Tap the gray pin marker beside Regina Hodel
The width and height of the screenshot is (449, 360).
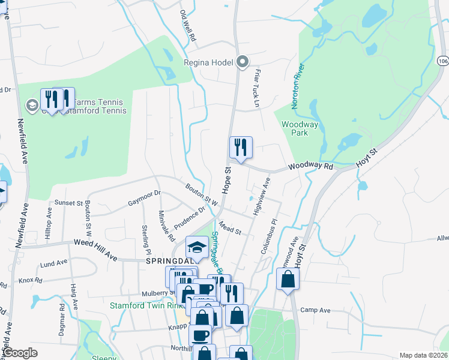pos(243,62)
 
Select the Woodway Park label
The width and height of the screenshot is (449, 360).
pos(300,128)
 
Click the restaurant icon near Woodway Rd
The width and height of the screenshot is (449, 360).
pos(241,148)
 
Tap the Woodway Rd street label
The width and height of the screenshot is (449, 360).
pos(310,166)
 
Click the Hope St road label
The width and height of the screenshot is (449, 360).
pos(228,179)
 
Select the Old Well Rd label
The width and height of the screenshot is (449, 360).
pos(188,25)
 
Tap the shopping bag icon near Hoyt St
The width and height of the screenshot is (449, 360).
pos(288,280)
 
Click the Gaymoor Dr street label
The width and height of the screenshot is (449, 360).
pos(144,199)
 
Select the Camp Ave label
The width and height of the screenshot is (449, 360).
pos(316,310)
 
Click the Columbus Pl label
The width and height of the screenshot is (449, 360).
pos(268,238)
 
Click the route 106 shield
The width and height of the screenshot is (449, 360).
pos(443,61)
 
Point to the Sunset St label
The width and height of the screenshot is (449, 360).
pos(68,203)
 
